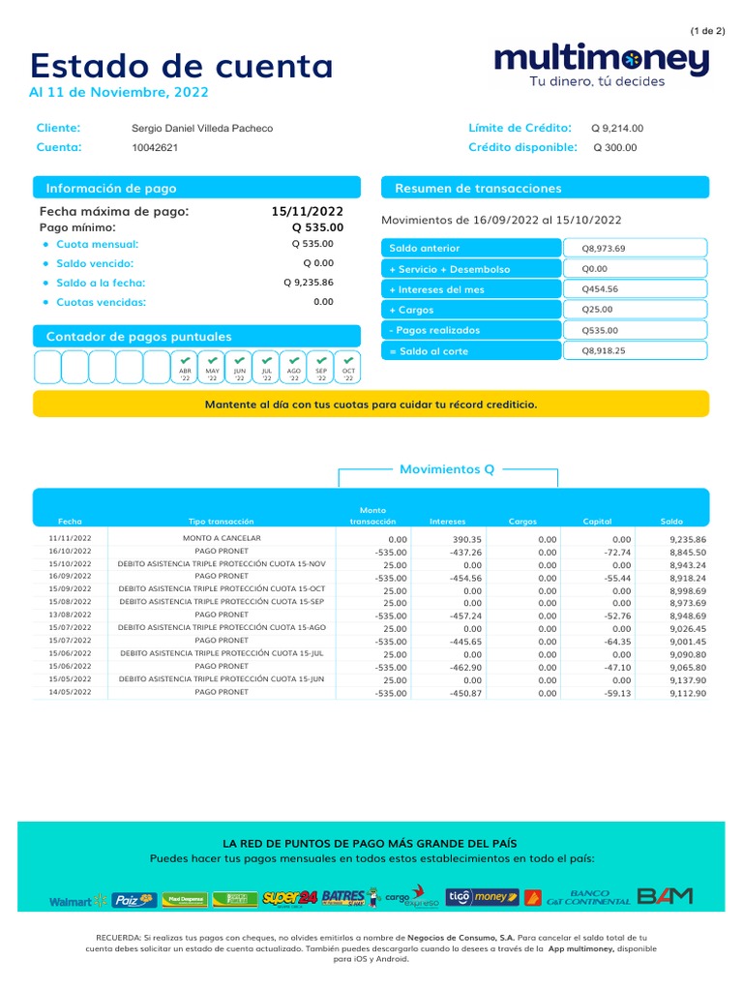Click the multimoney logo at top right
pos(601,61)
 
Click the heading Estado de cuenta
pos(182,66)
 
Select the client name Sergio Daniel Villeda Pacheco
pos(201,129)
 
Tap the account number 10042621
pos(155,148)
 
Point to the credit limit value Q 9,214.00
pos(617,128)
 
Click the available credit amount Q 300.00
pos(615,147)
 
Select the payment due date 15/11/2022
pos(308,211)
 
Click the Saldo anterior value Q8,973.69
pos(604,249)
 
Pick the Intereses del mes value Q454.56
pos(600,289)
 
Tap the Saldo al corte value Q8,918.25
pos(604,350)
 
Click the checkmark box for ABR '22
pos(185,368)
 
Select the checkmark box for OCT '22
pos(348,368)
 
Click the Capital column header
pos(597,522)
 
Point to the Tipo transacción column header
pos(221,522)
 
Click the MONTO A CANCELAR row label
pos(222,538)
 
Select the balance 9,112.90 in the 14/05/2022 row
pos(688,693)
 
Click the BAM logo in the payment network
pos(666,897)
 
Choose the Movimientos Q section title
pos(447,469)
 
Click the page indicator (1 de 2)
pos(707,31)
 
